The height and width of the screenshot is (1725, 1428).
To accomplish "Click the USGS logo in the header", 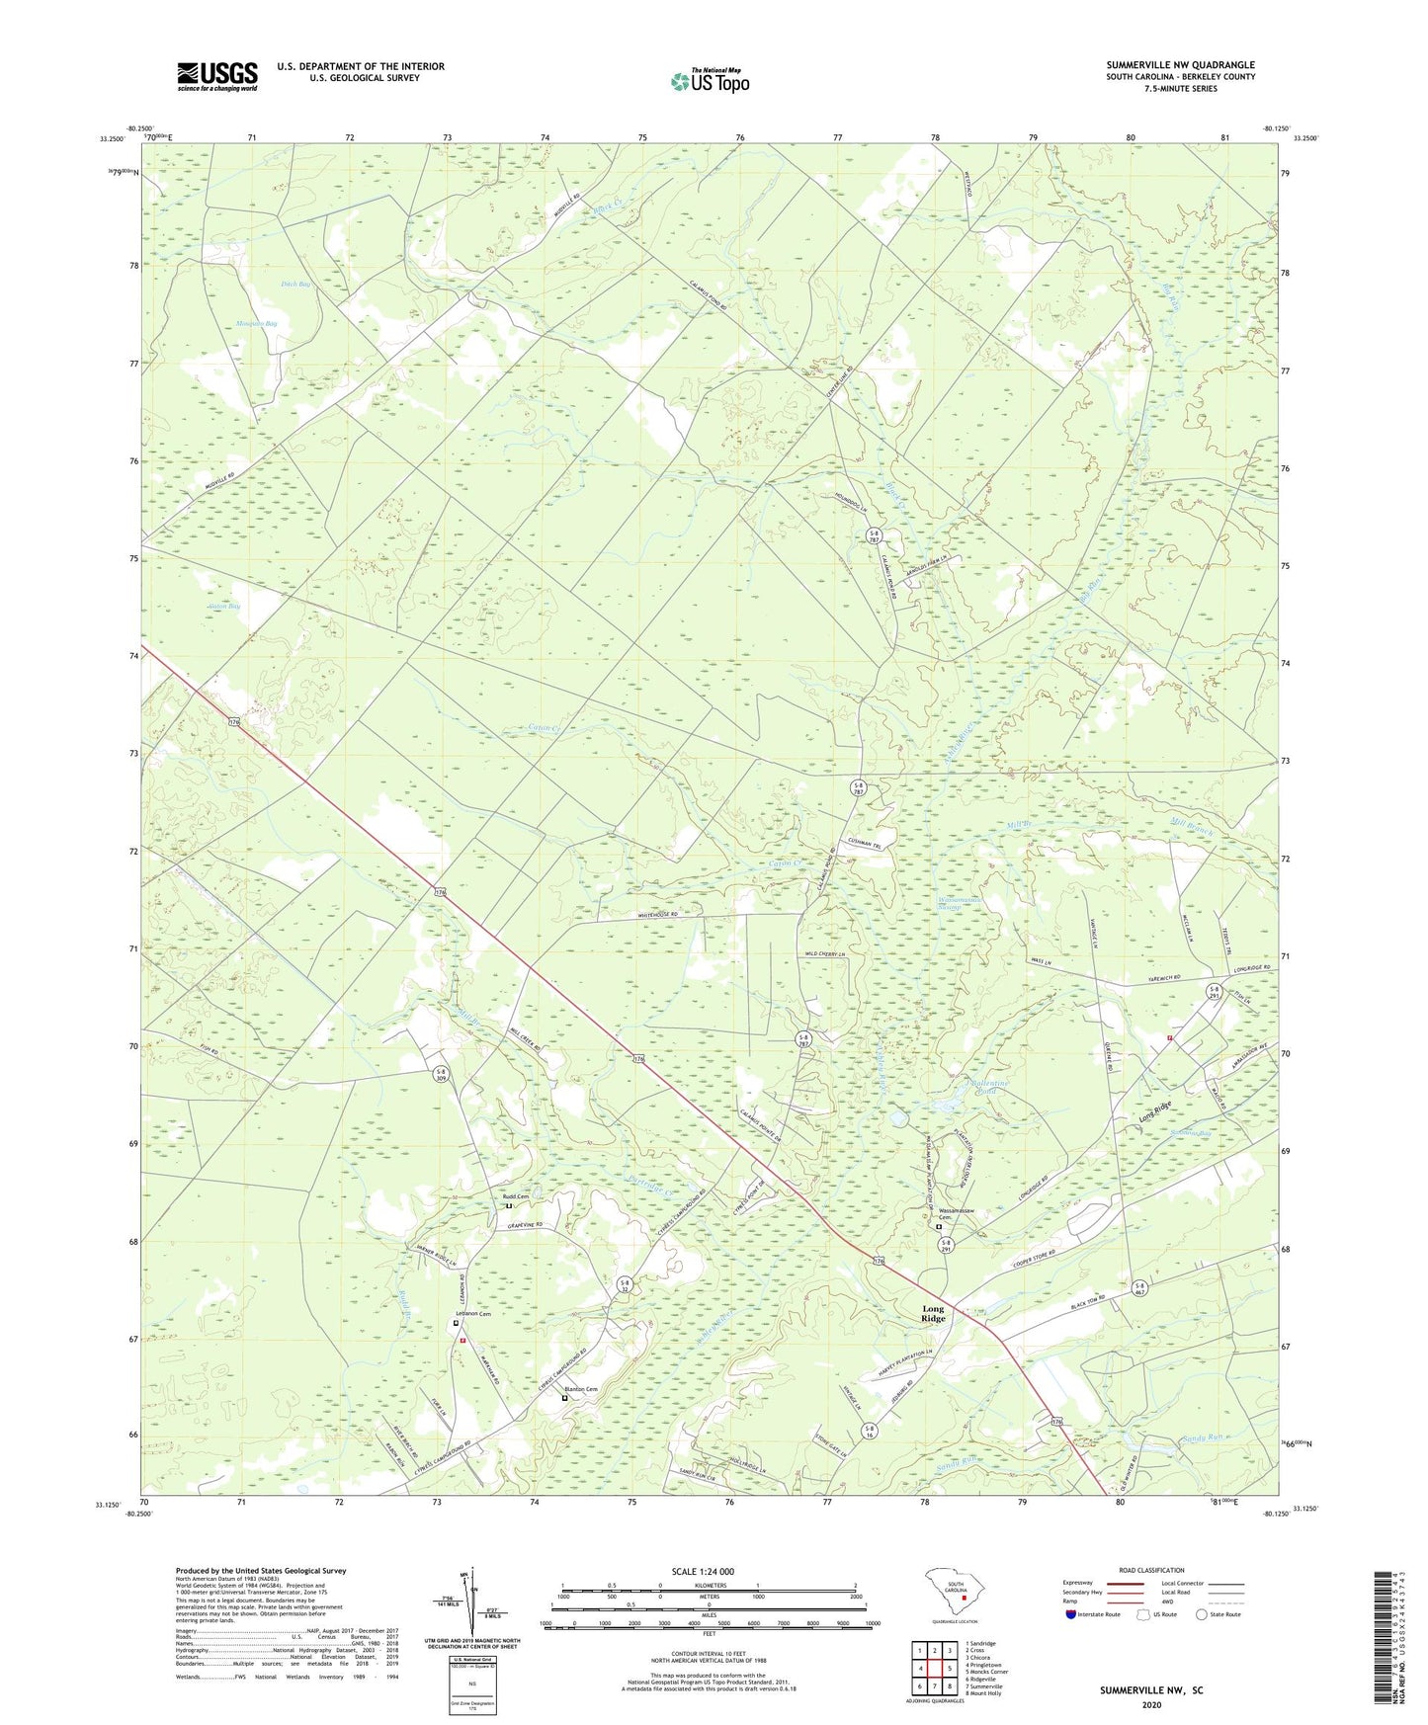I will pyautogui.click(x=217, y=76).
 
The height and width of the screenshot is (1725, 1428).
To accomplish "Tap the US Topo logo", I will pyautogui.click(x=710, y=81).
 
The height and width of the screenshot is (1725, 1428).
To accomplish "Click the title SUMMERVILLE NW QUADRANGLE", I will pyautogui.click(x=1180, y=65).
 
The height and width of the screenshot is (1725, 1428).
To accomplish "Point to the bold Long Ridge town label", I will pyautogui.click(x=933, y=1314).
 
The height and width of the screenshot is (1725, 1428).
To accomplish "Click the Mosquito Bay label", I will pyautogui.click(x=256, y=323).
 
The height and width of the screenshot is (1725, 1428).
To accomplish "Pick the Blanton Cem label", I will pyautogui.click(x=580, y=1390).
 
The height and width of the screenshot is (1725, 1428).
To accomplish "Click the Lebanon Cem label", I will pyautogui.click(x=472, y=1315).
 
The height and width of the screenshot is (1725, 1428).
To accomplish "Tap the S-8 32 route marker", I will pyautogui.click(x=625, y=1285).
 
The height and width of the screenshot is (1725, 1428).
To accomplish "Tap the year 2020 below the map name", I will pyautogui.click(x=1150, y=1704).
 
